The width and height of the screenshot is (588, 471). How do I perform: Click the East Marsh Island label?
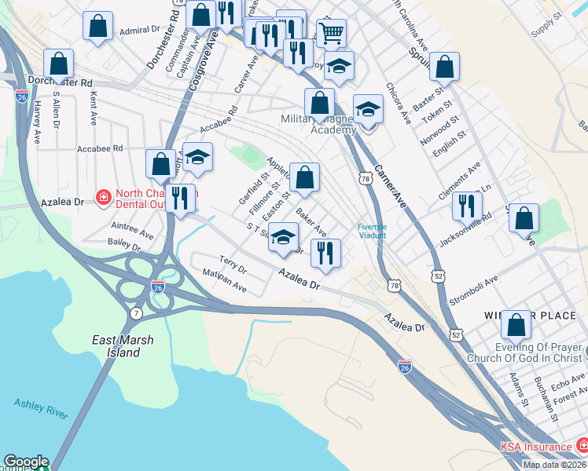tap(123, 346)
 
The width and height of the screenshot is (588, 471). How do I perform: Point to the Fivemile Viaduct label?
tap(372, 229)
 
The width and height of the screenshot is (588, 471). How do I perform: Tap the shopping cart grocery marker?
tap(331, 33)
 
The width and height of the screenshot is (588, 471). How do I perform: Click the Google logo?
tap(25, 462)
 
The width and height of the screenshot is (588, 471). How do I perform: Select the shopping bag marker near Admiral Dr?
tap(97, 26)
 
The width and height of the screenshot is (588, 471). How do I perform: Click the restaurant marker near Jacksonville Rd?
tap(468, 205)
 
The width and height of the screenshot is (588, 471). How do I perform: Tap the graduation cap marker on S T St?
tap(283, 236)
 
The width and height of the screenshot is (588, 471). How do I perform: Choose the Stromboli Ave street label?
tap(473, 289)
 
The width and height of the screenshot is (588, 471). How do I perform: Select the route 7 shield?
tap(136, 313)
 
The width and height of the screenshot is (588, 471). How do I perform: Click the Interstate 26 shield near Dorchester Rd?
tap(21, 95)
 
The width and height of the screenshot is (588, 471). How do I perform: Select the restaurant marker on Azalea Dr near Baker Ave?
tap(325, 252)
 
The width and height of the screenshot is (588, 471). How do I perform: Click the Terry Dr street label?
tap(233, 264)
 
